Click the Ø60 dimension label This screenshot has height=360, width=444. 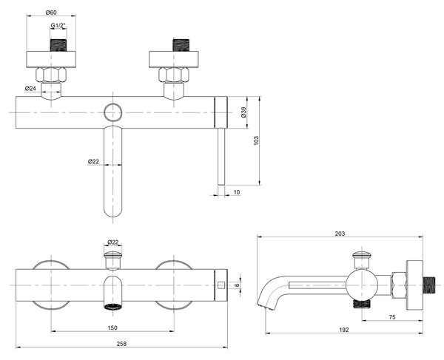[x=51, y=12]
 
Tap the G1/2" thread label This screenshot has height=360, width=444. [x=58, y=25]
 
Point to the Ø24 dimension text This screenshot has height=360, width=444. [x=30, y=89]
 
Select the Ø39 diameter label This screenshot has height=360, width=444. [x=244, y=112]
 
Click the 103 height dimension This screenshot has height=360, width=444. [x=256, y=141]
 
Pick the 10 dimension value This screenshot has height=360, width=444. [x=237, y=192]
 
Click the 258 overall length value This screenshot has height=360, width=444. [x=121, y=344]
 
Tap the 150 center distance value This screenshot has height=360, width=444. [x=112, y=328]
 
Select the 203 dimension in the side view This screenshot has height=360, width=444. [x=340, y=234]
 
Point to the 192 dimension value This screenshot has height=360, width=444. [x=344, y=330]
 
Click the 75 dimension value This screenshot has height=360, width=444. [x=392, y=317]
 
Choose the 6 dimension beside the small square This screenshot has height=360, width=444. [x=238, y=285]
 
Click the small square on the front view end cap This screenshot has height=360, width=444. [x=221, y=285]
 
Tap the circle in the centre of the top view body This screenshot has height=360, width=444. [x=113, y=112]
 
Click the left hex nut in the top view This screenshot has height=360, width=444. [x=51, y=75]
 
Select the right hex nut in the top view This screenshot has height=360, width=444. [x=174, y=75]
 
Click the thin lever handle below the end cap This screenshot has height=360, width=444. [x=221, y=157]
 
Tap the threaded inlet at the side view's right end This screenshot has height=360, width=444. [x=428, y=285]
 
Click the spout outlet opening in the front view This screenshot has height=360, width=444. [x=113, y=307]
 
